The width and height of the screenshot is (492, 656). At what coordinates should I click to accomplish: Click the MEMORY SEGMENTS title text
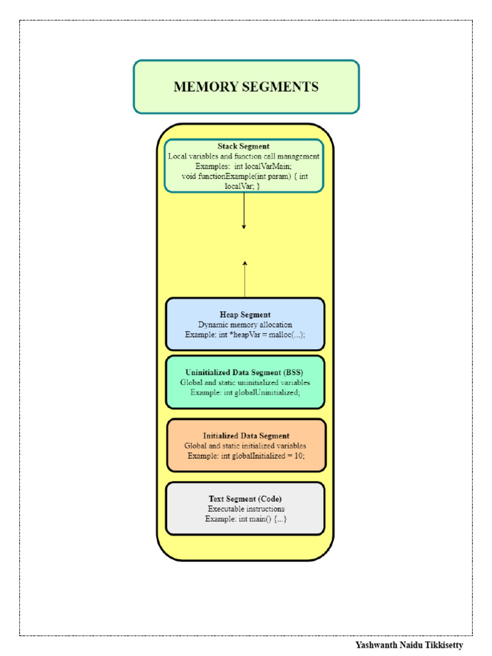click(246, 87)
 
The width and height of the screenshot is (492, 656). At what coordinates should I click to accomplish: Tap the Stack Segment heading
click(243, 147)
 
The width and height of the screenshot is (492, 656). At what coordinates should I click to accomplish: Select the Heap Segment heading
click(245, 315)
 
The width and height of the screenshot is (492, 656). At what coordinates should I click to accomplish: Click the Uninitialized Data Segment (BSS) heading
click(245, 372)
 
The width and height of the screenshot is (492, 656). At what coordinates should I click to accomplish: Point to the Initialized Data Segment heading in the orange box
click(246, 436)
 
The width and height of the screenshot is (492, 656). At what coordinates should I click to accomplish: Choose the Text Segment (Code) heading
click(245, 498)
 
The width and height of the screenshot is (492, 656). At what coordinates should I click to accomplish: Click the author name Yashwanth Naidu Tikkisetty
click(409, 645)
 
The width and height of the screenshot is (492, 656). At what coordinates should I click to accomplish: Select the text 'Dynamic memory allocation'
click(245, 325)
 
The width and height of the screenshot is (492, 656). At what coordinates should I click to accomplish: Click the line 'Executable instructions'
click(246, 509)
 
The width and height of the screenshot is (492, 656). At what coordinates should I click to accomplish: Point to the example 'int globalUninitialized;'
click(259, 393)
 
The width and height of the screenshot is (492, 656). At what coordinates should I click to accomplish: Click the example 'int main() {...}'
click(263, 518)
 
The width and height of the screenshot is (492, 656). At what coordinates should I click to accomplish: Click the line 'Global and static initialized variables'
click(245, 445)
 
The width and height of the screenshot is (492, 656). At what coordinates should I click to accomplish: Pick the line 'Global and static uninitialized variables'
click(245, 382)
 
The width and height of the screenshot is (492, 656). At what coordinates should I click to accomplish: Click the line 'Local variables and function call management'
click(244, 156)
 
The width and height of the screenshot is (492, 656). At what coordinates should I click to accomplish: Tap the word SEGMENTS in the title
click(281, 87)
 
